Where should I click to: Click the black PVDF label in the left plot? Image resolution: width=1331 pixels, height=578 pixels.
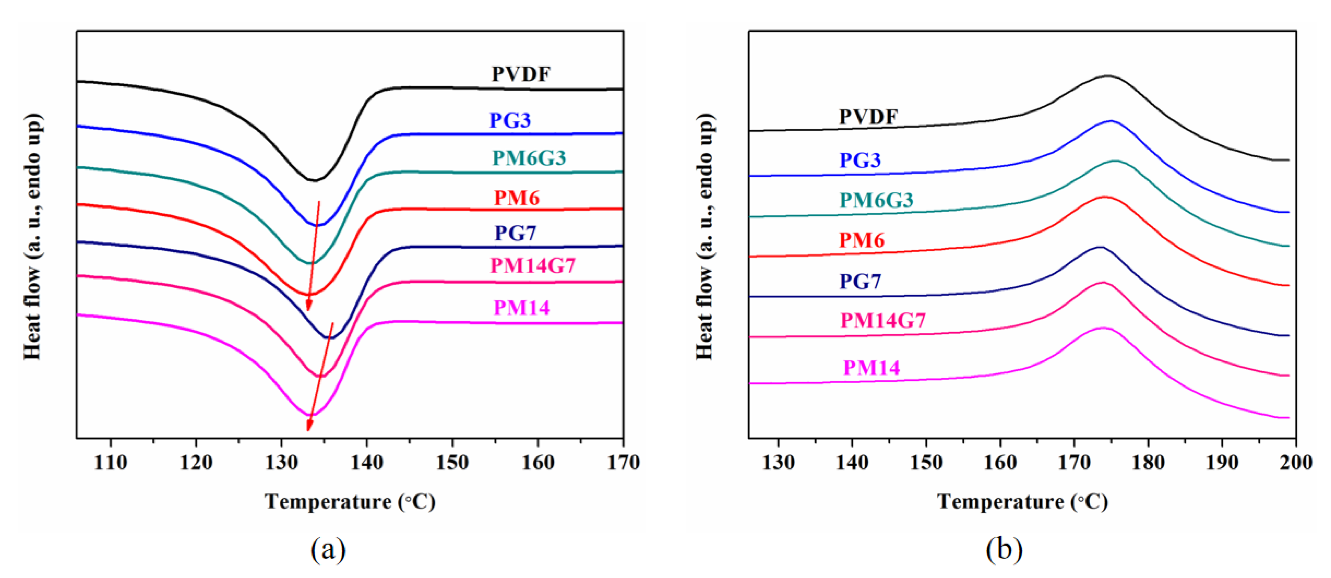point(521,74)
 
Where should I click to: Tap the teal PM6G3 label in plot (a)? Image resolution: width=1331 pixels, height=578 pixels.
point(529,158)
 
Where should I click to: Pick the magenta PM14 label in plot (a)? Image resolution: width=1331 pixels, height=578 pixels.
point(522,308)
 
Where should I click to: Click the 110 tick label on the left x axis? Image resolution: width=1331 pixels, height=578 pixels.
point(111,462)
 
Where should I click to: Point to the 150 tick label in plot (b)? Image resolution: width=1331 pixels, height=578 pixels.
point(926,462)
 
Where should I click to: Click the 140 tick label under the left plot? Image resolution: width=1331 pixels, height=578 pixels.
point(367,462)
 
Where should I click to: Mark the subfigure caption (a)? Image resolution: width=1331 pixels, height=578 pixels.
point(328,549)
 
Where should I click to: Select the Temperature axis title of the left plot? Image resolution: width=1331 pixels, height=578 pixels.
point(350,501)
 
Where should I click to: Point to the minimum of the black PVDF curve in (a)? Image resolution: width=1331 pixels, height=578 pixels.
point(314,180)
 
